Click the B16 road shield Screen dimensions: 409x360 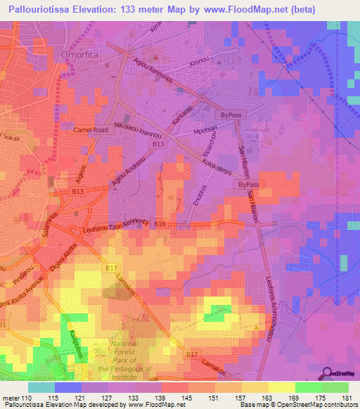click(x=160, y=223)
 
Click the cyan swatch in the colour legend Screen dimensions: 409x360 click(x=41, y=387)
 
